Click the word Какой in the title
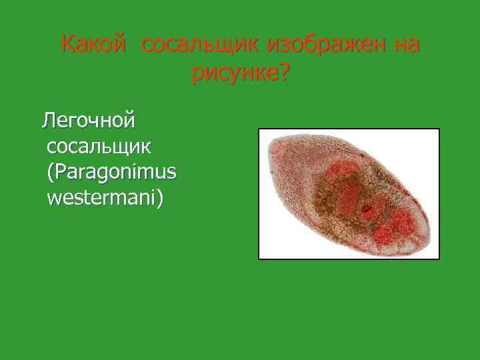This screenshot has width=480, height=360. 93,45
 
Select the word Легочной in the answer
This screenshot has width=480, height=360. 89,121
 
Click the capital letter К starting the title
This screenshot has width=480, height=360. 67,45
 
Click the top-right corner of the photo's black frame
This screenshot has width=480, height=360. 439,129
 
